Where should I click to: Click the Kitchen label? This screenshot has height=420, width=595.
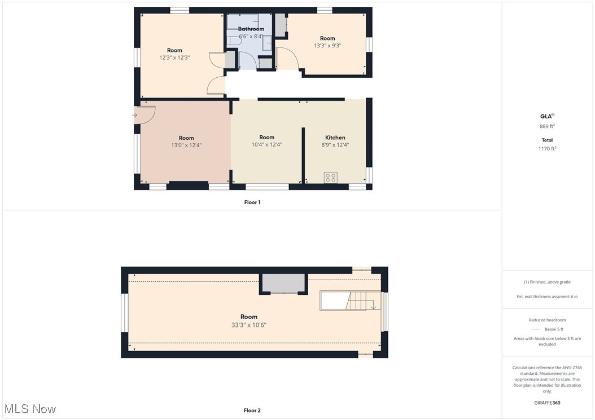click(x=335, y=138)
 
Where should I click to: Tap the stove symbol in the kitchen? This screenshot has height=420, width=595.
click(x=331, y=178)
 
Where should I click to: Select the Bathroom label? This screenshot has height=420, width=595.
click(x=251, y=29)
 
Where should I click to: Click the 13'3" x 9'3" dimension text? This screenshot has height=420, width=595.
click(x=327, y=46)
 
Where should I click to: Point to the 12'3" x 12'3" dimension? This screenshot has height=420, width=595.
click(x=174, y=58)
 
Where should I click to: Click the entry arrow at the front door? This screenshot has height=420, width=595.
click(x=134, y=115)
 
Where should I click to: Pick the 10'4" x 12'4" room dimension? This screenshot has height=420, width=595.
click(x=266, y=144)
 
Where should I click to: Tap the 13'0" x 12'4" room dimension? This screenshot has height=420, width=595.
click(x=186, y=145)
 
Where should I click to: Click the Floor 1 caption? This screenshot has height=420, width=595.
click(x=252, y=202)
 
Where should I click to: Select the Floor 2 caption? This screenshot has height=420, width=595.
click(x=252, y=410)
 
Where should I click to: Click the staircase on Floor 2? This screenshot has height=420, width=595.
click(x=350, y=300)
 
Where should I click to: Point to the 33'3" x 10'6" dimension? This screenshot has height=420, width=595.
click(x=248, y=325)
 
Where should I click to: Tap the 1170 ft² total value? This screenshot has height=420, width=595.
click(x=546, y=149)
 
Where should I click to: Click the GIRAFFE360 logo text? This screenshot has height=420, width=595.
click(x=547, y=403)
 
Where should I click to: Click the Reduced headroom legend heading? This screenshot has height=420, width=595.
click(x=547, y=320)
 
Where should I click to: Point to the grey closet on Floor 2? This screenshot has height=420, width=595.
click(x=283, y=283)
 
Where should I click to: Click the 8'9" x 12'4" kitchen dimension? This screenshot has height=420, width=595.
click(x=335, y=144)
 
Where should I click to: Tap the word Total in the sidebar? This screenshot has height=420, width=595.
click(x=546, y=140)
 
